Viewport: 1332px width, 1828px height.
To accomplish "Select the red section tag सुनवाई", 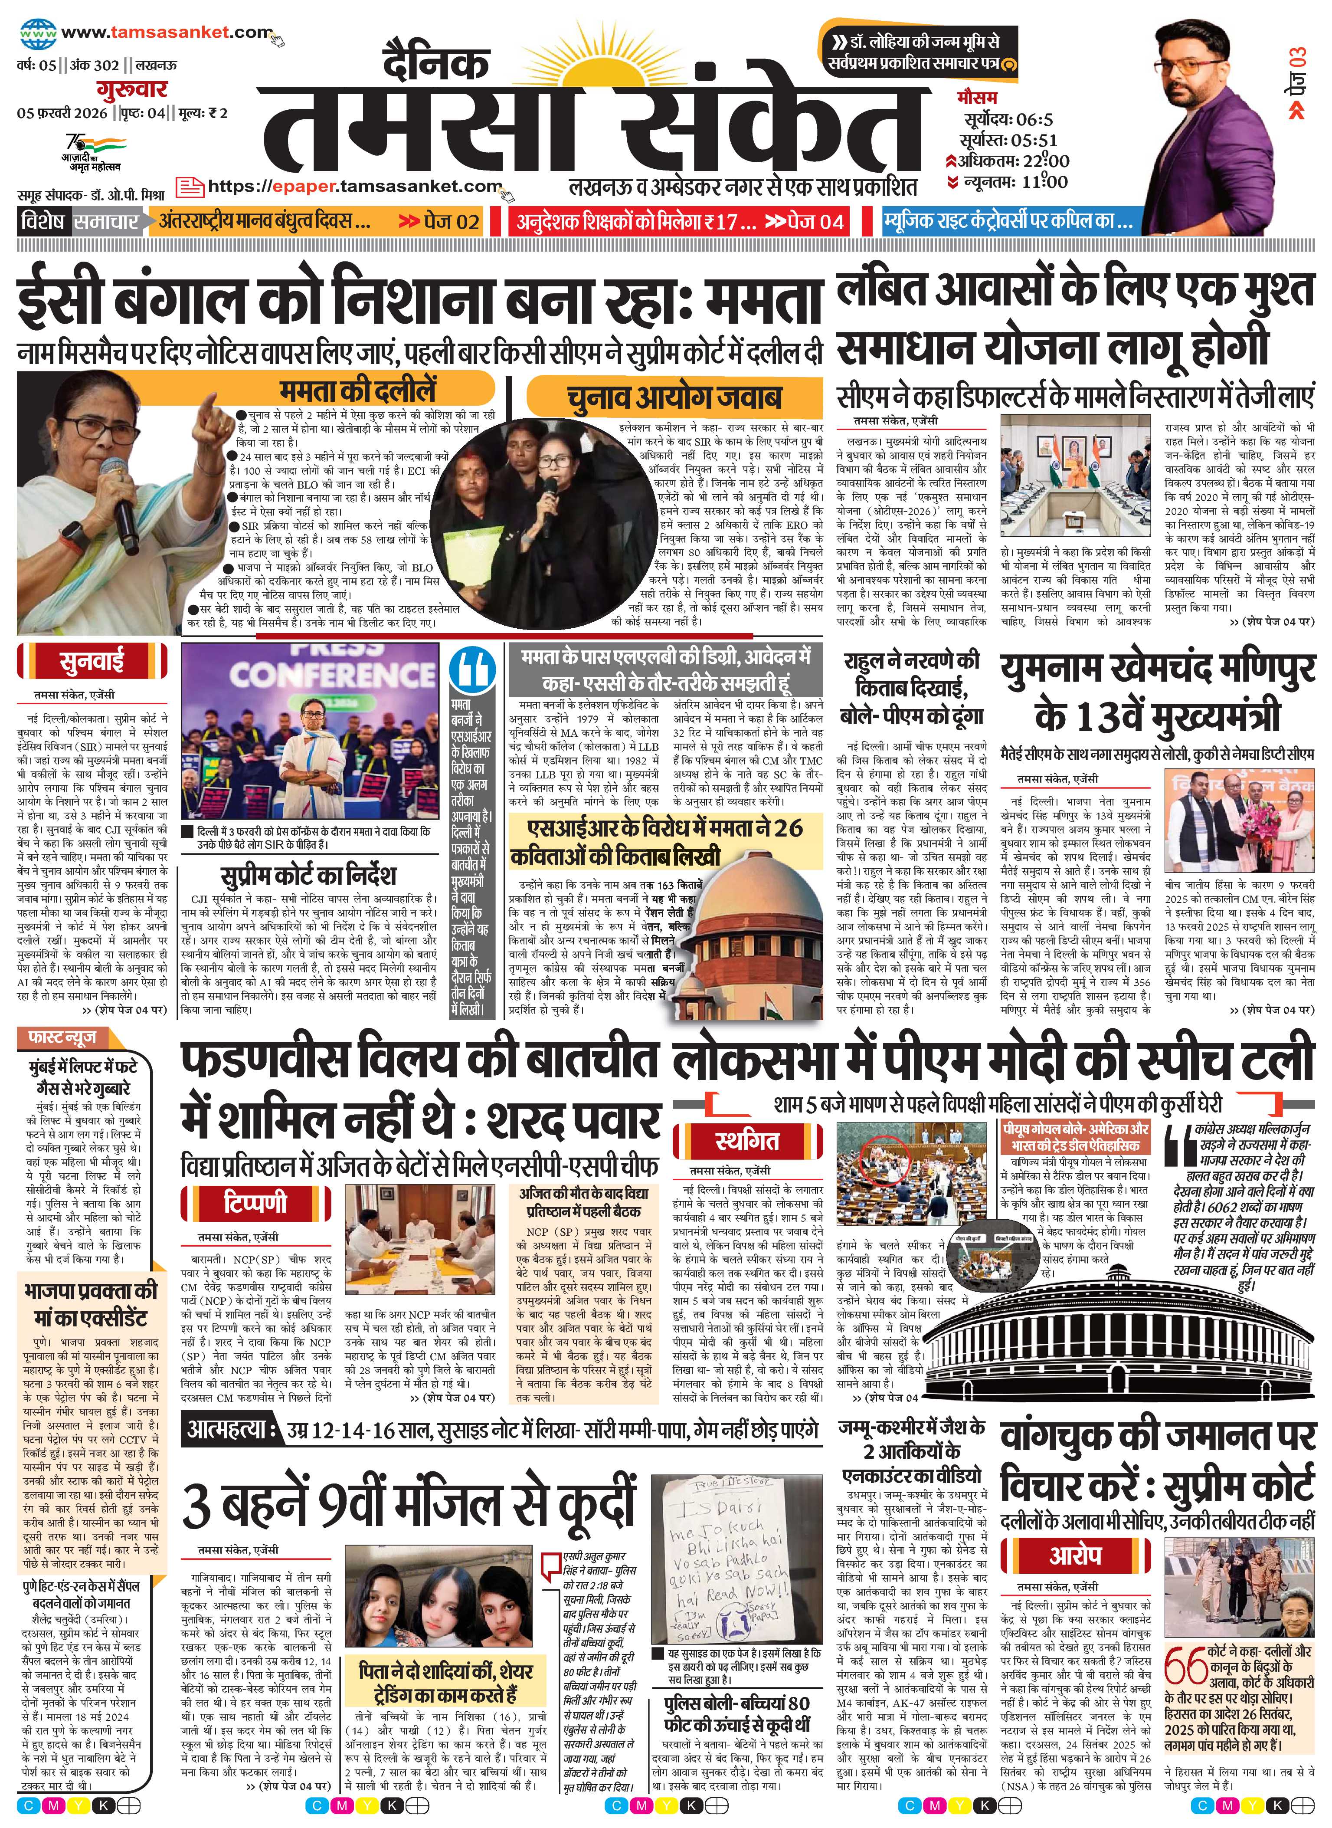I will click(91, 662).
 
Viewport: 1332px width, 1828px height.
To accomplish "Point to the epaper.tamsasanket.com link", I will click(355, 186).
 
